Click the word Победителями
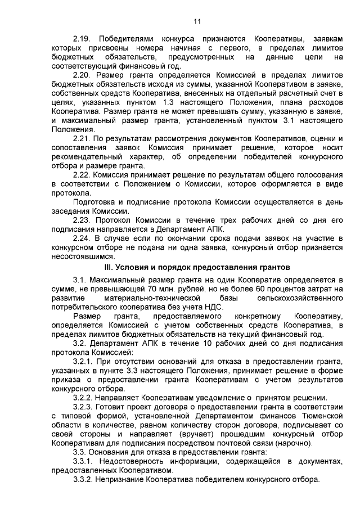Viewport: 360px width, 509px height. click(x=127, y=38)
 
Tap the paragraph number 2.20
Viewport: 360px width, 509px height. click(x=82, y=75)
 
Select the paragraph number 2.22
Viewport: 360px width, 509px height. click(x=82, y=175)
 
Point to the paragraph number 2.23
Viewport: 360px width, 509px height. click(x=82, y=220)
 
